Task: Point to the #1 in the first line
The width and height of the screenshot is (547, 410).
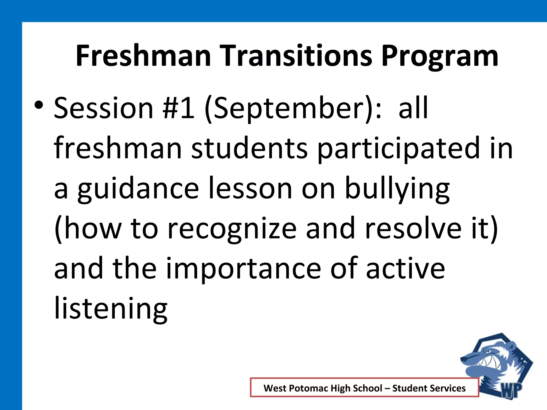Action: (x=178, y=108)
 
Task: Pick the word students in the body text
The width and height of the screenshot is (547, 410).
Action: (x=249, y=148)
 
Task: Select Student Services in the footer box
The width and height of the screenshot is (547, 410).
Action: (x=429, y=388)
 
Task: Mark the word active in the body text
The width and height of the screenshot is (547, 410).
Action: (x=405, y=268)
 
